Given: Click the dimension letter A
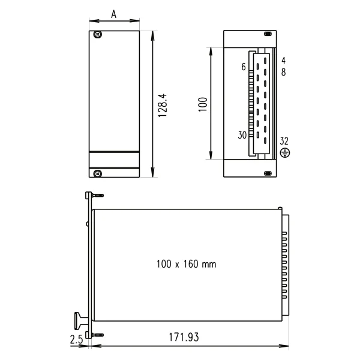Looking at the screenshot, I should pyautogui.click(x=114, y=13).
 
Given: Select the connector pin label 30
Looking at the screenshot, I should pyautogui.click(x=242, y=135).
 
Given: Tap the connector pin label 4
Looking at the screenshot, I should pyautogui.click(x=283, y=60).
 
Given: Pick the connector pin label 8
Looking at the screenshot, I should pyautogui.click(x=283, y=72).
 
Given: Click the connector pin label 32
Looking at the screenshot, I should pyautogui.click(x=284, y=141).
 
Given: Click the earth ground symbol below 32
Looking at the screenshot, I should pyautogui.click(x=285, y=153).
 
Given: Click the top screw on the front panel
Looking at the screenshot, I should pyautogui.click(x=98, y=35).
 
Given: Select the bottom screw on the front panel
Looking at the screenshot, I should pyautogui.click(x=98, y=173).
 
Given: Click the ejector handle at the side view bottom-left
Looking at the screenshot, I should pyautogui.click(x=80, y=317).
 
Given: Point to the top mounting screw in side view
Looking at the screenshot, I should pyautogui.click(x=96, y=195).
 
